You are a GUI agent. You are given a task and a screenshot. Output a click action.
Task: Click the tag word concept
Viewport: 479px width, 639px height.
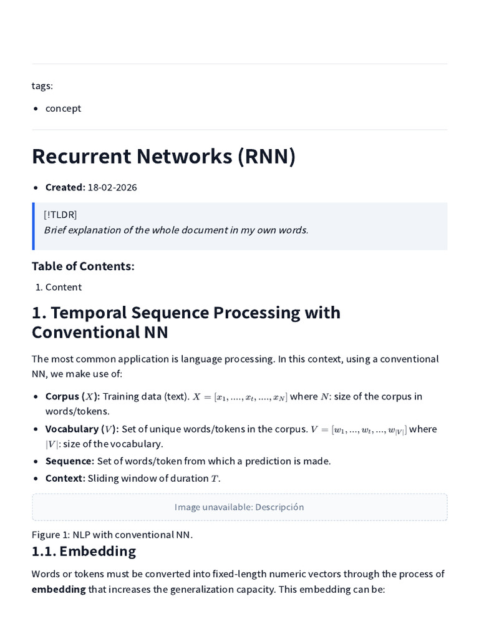(63, 109)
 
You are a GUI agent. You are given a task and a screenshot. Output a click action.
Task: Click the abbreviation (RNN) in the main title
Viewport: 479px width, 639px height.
(267, 156)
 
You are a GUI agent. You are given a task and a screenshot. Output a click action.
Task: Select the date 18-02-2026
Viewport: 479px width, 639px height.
(112, 187)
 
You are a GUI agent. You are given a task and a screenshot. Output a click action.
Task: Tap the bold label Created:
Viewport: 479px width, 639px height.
(65, 187)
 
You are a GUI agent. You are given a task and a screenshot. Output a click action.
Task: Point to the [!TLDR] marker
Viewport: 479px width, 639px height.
(60, 215)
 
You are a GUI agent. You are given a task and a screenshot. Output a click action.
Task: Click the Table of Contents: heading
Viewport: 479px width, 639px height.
(83, 266)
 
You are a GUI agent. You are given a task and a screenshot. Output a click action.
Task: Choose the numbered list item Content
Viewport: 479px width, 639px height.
(64, 287)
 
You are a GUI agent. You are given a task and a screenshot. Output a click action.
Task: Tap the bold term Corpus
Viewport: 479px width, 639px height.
(62, 396)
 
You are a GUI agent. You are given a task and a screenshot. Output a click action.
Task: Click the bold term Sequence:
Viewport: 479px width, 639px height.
(70, 461)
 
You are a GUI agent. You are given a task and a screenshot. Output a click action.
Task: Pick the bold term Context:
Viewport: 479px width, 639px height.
(65, 479)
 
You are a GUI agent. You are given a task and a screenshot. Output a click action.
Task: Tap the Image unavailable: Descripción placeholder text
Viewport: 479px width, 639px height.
(239, 507)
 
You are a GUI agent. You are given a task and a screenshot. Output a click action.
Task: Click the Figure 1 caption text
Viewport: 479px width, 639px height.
(112, 535)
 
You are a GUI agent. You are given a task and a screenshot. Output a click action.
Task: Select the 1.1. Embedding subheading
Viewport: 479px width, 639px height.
(84, 552)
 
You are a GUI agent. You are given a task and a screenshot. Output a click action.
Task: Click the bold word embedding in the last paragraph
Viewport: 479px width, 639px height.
(59, 590)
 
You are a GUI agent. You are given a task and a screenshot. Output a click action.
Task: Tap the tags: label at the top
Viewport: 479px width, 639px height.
(42, 86)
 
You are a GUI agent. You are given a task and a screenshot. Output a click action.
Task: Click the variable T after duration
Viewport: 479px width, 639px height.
(215, 479)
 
